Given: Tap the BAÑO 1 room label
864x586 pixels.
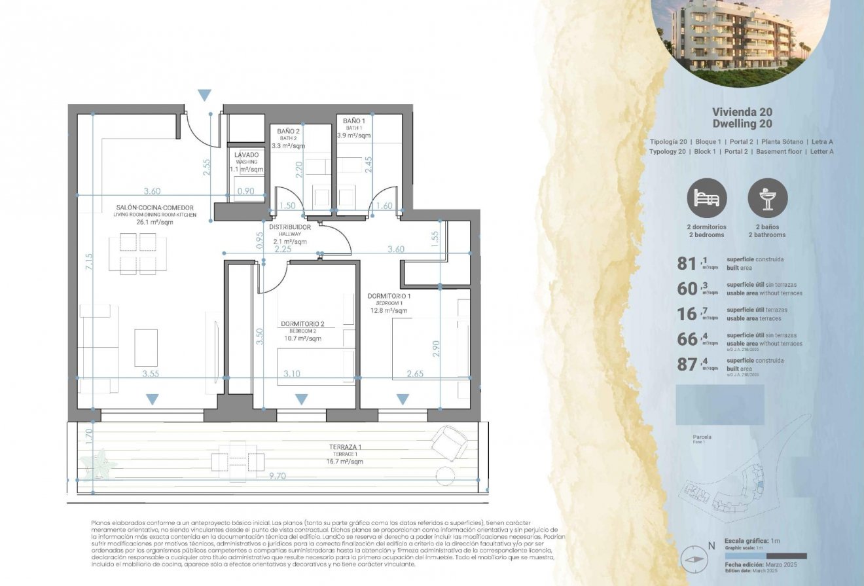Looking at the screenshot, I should point(354,121).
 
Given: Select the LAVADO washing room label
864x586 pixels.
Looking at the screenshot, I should point(246,155).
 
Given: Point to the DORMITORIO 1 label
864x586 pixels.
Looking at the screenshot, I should point(389,297).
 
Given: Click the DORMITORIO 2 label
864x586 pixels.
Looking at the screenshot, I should point(302,323).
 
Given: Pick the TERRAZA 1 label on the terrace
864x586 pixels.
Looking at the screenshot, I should point(347,447).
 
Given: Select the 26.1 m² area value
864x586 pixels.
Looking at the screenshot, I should point(154,222).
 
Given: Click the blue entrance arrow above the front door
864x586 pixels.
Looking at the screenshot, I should point(205,96).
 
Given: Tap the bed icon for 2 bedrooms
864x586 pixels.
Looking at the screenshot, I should point(706,198).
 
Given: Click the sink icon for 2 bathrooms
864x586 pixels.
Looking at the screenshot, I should point(767,198).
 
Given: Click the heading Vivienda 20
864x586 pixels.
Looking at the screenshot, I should point(742,112).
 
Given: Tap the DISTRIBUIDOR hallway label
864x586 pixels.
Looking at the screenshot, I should point(290,227).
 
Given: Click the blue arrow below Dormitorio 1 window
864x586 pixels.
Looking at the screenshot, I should point(403,399).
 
